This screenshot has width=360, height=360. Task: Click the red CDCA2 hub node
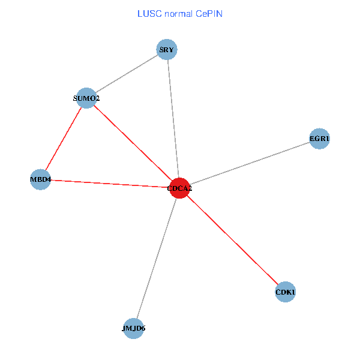pos(179,188)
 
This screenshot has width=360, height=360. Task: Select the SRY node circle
pos(167,50)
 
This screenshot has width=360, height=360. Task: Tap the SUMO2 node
pos(87,98)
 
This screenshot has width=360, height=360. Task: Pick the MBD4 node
pos(40,179)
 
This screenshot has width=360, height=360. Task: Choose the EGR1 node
pos(319,139)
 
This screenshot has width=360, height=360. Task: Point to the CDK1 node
pos(286,292)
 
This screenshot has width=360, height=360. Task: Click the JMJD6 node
pos(133,328)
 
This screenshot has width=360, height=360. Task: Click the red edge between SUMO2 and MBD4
pos(64,139)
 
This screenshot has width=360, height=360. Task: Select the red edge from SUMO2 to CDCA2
pos(133,143)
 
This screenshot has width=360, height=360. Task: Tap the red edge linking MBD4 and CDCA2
pos(110,184)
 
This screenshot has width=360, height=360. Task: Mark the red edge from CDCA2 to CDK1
pos(233,241)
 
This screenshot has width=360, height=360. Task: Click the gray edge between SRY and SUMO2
pos(127,74)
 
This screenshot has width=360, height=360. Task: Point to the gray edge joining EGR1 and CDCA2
pos(249,164)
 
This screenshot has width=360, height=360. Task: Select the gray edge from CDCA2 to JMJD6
pos(156,259)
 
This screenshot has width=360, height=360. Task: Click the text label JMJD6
pos(133,329)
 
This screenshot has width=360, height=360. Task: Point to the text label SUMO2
pos(86,98)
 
